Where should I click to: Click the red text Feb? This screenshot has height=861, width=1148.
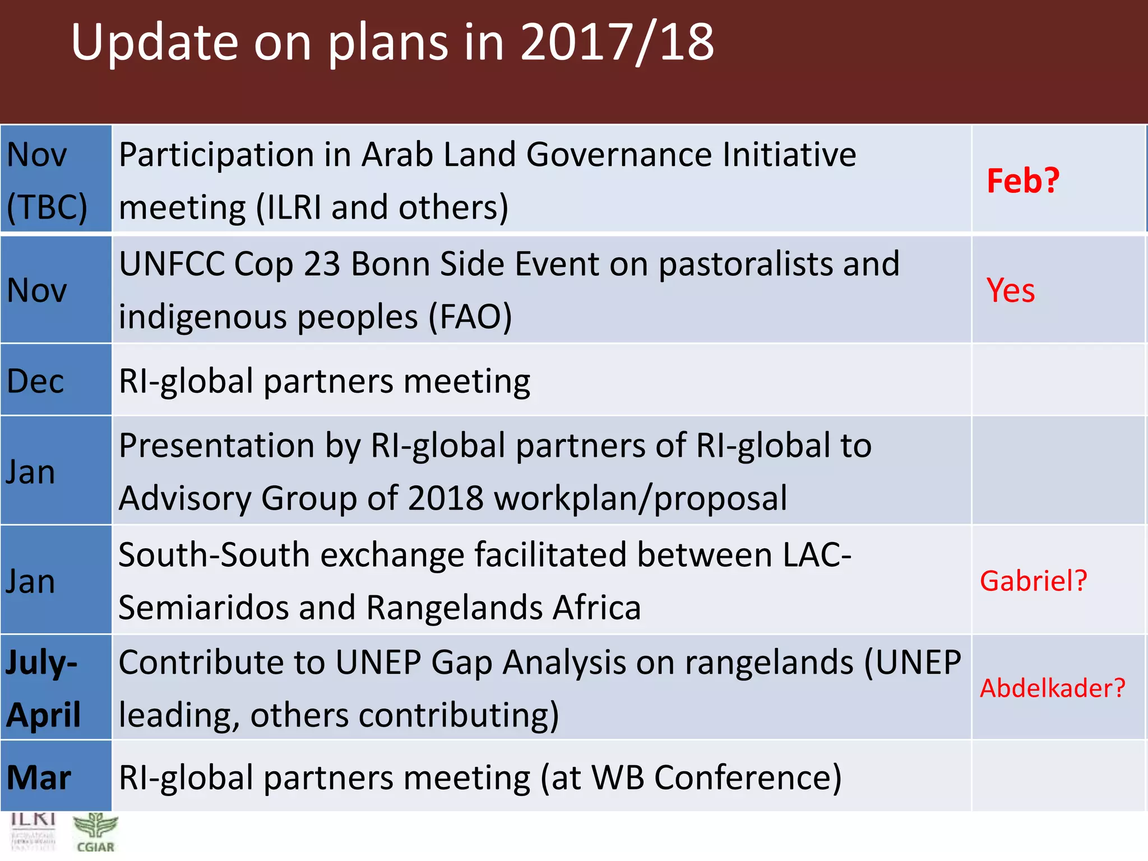click(1022, 181)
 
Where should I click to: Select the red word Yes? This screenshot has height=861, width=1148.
click(1010, 290)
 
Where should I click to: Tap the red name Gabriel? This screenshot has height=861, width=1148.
click(1033, 580)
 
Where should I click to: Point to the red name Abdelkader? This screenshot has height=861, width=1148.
click(1052, 688)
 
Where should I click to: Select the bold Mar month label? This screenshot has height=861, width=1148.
click(39, 777)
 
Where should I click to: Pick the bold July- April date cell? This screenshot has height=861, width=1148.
click(44, 688)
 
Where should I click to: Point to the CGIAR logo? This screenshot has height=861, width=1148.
click(95, 833)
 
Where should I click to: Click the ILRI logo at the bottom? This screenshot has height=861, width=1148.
click(33, 832)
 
